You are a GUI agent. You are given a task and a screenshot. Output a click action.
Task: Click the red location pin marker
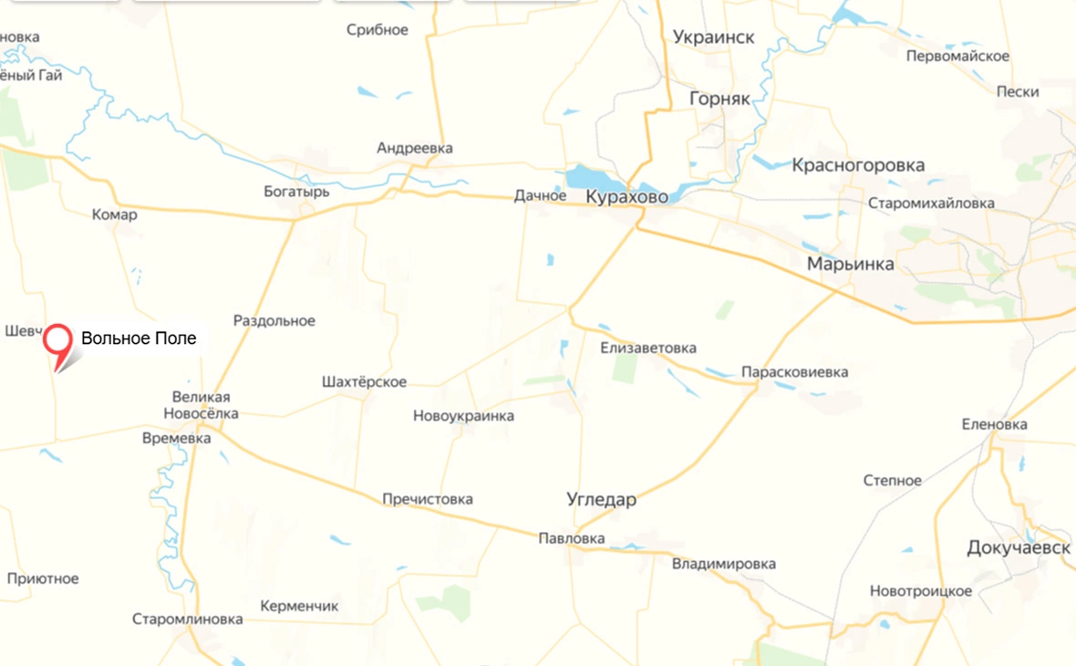[58, 342]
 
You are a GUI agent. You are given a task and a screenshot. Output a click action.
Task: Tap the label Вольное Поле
[139, 338]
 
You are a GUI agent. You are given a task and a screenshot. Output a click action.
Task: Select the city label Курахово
[626, 197]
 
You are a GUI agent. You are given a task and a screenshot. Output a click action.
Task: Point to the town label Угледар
[601, 500]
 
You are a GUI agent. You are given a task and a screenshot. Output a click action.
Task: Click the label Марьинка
[850, 265]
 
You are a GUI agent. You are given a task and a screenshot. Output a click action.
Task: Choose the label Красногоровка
[858, 165]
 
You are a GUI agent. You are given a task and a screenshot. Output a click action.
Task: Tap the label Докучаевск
[1019, 547]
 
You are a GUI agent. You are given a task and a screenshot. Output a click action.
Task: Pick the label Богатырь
[296, 193]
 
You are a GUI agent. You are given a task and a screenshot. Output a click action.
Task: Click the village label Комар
[115, 215]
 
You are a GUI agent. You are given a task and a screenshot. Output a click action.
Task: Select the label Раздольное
[274, 321]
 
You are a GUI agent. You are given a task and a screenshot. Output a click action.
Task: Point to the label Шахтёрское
[365, 382]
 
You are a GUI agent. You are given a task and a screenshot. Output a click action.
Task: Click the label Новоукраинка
[463, 416]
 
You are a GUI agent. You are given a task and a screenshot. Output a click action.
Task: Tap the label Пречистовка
[428, 500]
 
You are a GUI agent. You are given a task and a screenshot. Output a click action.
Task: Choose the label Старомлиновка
[187, 619]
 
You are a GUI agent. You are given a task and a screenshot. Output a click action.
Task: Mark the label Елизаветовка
[648, 349]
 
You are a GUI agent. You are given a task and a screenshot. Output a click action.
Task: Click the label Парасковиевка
[794, 372]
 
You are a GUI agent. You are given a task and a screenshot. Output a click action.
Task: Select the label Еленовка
[994, 424]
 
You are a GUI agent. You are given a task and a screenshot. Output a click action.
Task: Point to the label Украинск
[714, 37]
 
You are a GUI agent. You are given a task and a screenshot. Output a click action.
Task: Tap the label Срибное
[378, 30]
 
